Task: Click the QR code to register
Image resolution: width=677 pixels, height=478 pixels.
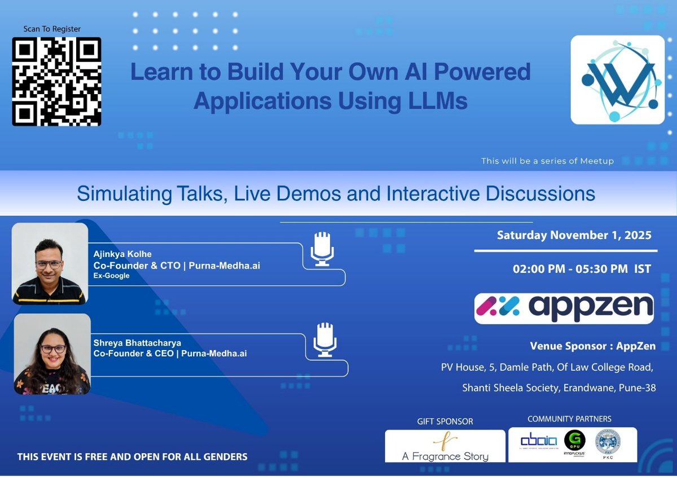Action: pos(56,81)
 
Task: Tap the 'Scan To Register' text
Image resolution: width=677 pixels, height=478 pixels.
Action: pos(52,29)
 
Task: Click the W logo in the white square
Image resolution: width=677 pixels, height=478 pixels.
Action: pos(618,79)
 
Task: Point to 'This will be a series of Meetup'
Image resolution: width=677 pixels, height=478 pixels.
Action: pos(547,161)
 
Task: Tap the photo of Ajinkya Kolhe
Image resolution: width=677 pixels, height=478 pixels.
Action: pos(50,263)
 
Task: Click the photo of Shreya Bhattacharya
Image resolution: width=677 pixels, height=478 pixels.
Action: pos(52,354)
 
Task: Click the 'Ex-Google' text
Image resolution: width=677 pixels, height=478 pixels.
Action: pos(111,275)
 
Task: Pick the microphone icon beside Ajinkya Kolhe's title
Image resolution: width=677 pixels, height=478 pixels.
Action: pos(323,249)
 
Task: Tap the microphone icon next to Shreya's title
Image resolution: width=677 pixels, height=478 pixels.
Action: pos(325,339)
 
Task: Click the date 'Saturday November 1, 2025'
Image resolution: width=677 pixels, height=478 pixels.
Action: pos(574,235)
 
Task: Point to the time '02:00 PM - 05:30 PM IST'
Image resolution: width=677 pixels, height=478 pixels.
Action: pos(581,269)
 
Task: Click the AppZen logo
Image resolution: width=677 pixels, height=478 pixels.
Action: pos(564,308)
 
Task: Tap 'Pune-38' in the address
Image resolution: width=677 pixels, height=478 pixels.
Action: pos(636,388)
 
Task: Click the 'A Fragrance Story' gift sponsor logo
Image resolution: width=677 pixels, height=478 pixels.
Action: pos(445,446)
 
